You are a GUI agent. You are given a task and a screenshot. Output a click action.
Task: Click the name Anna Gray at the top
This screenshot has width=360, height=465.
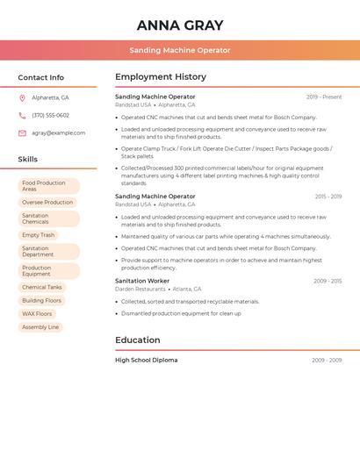tap(180, 25)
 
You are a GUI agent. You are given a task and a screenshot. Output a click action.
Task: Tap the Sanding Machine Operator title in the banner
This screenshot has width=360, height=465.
tap(180, 51)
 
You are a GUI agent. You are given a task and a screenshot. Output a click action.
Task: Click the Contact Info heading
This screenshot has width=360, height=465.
tap(40, 77)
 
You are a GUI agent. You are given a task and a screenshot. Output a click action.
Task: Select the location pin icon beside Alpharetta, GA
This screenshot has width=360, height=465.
tap(22, 98)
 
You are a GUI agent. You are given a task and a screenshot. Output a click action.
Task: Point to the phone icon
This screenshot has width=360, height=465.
tap(22, 116)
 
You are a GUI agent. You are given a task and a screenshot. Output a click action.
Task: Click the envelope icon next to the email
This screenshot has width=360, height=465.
tap(22, 133)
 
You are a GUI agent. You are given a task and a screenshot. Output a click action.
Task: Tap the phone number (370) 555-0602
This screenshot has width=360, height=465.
tap(50, 116)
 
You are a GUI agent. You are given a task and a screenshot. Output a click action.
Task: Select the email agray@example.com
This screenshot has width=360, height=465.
tap(58, 133)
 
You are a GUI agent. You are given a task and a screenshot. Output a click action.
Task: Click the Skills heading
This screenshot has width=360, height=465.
tap(27, 160)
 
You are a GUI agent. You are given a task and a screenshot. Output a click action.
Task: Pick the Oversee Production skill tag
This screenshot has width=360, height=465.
tap(47, 203)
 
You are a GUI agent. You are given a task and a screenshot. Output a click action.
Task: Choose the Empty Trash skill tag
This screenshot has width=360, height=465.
tap(38, 235)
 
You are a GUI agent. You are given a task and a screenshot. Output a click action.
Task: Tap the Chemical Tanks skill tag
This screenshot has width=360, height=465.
tap(42, 287)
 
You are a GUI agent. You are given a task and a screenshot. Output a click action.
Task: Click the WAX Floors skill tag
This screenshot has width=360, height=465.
tap(37, 313)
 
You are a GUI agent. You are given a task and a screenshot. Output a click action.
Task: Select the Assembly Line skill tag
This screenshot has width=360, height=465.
tap(40, 327)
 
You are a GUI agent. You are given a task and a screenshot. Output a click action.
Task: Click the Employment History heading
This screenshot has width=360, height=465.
tap(160, 77)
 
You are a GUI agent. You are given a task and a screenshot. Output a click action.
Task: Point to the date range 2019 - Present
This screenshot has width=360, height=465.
tap(324, 97)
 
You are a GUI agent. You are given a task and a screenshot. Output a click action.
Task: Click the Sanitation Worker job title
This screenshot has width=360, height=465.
tap(142, 281)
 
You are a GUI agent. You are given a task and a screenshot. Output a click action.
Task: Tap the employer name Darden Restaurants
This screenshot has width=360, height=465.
tap(140, 289)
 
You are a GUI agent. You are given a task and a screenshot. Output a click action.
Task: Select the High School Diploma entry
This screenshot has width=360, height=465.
tap(146, 361)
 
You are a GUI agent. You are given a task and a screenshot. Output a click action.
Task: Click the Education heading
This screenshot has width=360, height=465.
tap(137, 340)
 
